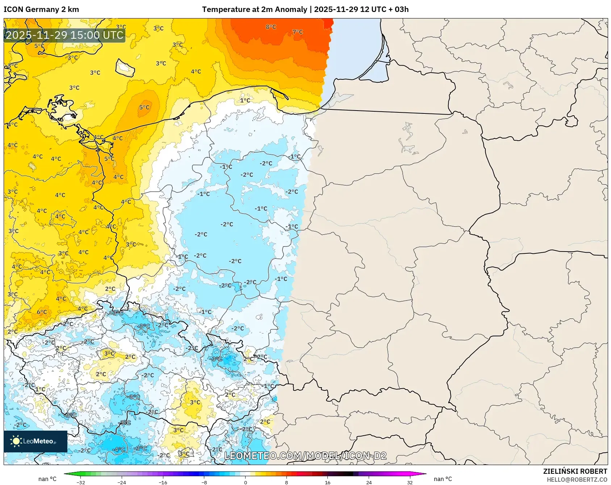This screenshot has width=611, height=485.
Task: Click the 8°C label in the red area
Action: pos(271,27)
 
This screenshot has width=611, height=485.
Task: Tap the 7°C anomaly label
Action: pos(297,32)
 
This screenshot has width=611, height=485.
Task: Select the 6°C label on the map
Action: pos(42,312)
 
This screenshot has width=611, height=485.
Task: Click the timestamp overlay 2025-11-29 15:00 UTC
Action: pos(64,35)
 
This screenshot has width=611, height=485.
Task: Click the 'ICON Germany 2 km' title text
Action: pos(41,9)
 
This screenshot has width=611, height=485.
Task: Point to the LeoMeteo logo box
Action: pos(35,441)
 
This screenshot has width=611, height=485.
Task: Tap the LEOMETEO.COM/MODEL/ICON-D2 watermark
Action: pos(305,456)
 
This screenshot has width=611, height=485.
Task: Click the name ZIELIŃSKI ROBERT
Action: pos(575,471)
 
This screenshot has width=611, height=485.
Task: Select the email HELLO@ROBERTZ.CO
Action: pos(577,480)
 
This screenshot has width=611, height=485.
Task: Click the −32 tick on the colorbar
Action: pos(81,482)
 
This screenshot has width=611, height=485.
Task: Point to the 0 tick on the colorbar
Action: pos(245,482)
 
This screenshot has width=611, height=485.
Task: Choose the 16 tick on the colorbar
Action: pos(327,482)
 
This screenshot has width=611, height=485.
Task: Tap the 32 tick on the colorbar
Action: pos(410,482)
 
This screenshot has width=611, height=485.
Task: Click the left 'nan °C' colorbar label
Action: pos(47,479)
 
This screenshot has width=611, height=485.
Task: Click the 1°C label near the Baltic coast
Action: pos(245,100)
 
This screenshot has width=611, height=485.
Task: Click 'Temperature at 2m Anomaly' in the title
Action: pos(254,9)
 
